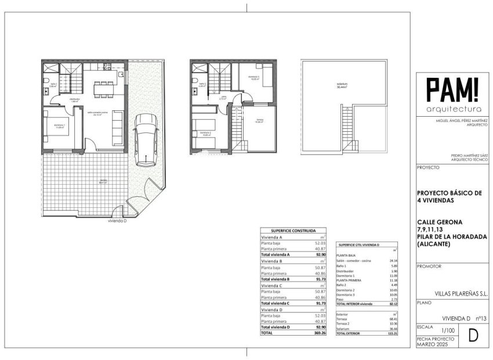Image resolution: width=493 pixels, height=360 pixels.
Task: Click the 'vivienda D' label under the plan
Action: coord(117,221)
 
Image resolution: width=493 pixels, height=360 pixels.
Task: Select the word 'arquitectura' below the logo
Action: coord(453,109)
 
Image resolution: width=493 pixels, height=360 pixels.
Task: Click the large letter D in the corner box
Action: coord(472,336)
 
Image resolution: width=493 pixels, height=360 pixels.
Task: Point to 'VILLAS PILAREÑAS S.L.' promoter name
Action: coord(461,294)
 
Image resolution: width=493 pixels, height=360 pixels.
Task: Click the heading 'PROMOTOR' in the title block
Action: coord(429,267)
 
